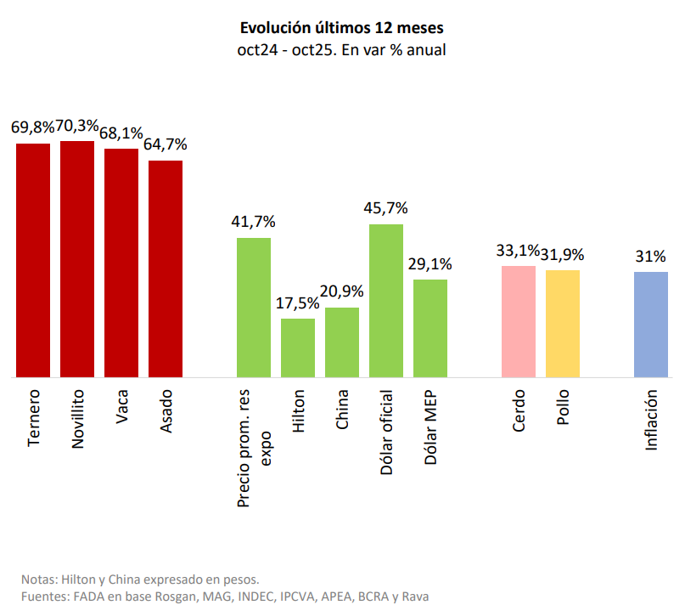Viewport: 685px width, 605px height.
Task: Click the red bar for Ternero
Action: pos(33,259)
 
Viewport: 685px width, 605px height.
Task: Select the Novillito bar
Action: pos(77,258)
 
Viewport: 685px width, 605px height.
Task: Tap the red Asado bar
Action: pos(166,268)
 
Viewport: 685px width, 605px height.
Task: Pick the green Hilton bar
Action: pos(298,347)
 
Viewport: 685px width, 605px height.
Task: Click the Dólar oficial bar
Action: pos(386,300)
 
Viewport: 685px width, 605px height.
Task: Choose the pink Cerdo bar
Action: pos(519,320)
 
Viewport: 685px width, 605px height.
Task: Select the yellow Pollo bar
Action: pos(563,323)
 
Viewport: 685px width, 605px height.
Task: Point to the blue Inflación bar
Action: pos(651,324)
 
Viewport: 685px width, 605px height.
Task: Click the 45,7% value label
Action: pos(386,207)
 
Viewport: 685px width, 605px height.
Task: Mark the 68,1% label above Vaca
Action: pos(120,133)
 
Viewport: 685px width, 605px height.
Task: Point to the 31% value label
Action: pos(651,256)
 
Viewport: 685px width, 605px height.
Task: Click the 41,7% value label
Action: pos(254,221)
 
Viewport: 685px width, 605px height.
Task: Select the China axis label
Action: pos(342,410)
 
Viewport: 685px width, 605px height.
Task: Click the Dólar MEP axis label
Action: pos(430,427)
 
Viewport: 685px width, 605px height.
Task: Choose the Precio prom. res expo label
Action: pos(254,449)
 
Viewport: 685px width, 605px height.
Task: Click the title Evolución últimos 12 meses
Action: pos(342,30)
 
